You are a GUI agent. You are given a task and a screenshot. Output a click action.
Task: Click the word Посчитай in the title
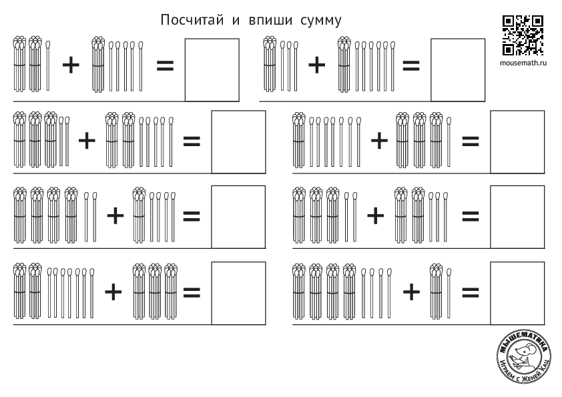[192, 20]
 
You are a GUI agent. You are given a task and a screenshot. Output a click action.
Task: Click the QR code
[523, 35]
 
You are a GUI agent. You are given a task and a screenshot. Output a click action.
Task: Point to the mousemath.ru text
[523, 63]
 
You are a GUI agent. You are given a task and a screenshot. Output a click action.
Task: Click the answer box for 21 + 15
[212, 70]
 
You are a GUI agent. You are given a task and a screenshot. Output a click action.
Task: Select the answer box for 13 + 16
[458, 70]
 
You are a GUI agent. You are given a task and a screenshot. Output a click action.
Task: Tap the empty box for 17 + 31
[517, 142]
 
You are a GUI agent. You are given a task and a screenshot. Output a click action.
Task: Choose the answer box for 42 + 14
[239, 217]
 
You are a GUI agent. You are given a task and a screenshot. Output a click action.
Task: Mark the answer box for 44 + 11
[517, 293]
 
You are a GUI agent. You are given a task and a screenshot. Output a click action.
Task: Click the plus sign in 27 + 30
[113, 292]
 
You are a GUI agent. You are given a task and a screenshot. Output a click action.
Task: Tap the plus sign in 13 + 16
[317, 65]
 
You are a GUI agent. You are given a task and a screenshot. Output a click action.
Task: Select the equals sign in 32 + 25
[192, 141]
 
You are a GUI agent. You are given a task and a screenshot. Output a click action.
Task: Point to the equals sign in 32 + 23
[471, 216]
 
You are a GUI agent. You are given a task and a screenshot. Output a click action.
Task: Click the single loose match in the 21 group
[48, 65]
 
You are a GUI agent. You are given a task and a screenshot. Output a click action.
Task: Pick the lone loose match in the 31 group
[449, 142]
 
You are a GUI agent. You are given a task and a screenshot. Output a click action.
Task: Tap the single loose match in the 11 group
[449, 293]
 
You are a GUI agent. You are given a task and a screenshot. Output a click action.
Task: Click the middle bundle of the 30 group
[156, 292]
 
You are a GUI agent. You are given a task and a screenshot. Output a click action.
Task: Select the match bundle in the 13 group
[270, 64]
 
